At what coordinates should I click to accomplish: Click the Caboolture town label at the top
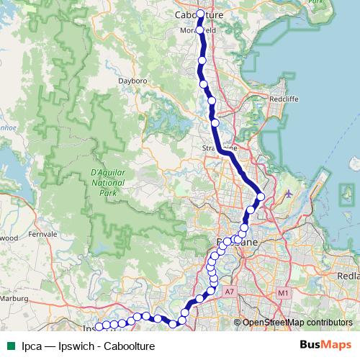click(199, 14)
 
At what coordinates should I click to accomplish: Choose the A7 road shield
click(230, 292)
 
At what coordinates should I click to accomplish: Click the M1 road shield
click(282, 293)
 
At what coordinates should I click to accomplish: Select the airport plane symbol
click(289, 194)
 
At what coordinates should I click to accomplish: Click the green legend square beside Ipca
click(10, 346)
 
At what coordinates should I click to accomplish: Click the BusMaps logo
click(325, 345)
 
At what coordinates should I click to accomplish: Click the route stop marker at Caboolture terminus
click(201, 13)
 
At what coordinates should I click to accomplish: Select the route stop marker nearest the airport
click(261, 197)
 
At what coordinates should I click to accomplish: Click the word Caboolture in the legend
click(129, 346)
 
